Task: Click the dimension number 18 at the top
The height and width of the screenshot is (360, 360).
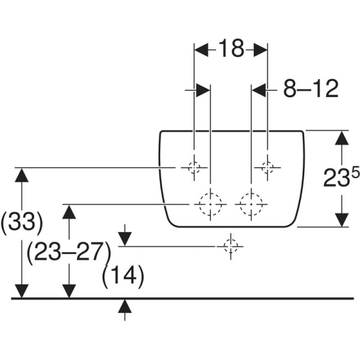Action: pyautogui.click(x=231, y=49)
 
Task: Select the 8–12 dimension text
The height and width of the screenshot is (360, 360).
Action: pyautogui.click(x=311, y=88)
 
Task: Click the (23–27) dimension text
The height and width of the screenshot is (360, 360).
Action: pyautogui.click(x=69, y=253)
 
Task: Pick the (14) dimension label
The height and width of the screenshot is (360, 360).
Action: pyautogui.click(x=123, y=276)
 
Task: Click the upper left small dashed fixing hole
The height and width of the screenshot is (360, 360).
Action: pyautogui.click(x=194, y=167)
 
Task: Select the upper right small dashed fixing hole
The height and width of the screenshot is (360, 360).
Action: pyautogui.click(x=268, y=167)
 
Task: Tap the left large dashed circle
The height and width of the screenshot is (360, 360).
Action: pyautogui.click(x=211, y=205)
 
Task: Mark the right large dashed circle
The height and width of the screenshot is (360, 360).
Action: pyautogui.click(x=251, y=205)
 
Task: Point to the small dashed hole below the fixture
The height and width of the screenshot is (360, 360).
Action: pyautogui.click(x=230, y=247)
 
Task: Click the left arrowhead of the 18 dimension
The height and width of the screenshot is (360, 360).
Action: pyautogui.click(x=202, y=49)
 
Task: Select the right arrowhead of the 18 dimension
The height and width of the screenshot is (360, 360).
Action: pyautogui.click(x=260, y=49)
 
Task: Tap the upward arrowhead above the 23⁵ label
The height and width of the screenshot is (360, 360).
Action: pyautogui.click(x=341, y=138)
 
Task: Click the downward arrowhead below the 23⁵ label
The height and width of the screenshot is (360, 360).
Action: pyautogui.click(x=341, y=220)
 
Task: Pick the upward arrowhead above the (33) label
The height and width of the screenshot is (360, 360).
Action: pyautogui.click(x=22, y=175)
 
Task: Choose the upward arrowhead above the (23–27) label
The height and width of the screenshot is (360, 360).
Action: pyautogui.click(x=69, y=212)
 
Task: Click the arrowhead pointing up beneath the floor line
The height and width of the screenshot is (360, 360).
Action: pyautogui.click(x=125, y=306)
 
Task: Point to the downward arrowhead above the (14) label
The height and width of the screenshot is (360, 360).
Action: pyautogui.click(x=125, y=239)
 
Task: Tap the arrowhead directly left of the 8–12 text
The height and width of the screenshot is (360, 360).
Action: pyautogui.click(x=259, y=90)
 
